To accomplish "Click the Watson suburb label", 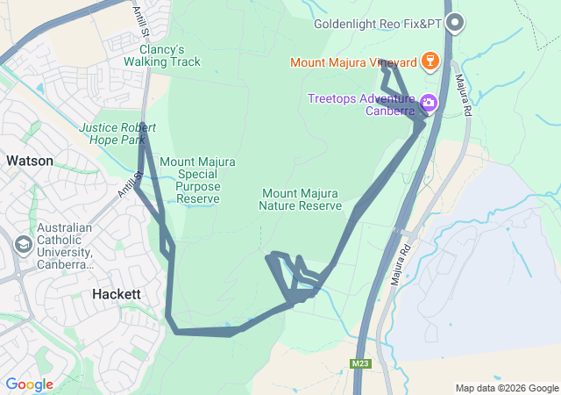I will [29, 162].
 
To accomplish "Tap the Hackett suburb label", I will [117, 295].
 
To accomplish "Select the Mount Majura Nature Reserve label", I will [299, 199].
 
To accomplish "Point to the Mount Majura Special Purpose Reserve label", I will [197, 180].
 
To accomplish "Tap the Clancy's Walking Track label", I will [161, 55].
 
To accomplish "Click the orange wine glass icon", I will [429, 61].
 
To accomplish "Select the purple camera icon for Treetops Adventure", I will [429, 103].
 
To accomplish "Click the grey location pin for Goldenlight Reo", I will [453, 23].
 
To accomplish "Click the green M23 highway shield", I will [359, 363].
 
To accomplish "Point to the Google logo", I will [29, 384].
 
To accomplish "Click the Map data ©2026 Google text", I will [507, 388].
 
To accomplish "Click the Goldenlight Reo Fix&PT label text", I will [378, 25].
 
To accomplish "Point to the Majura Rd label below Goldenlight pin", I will [464, 96].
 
